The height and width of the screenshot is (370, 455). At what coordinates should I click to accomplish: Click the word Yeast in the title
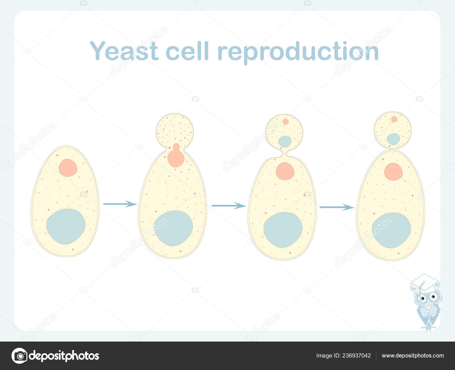tap(124, 51)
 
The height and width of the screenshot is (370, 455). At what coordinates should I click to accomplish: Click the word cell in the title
tap(187, 51)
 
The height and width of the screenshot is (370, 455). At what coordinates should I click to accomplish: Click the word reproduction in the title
tap(298, 52)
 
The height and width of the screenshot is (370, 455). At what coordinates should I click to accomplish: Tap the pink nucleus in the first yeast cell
tap(68, 168)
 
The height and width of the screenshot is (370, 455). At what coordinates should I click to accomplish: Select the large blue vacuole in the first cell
tap(66, 227)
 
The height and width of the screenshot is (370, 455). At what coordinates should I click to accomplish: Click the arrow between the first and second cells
tap(120, 204)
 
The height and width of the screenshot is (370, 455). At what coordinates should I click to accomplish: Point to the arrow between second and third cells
tap(229, 205)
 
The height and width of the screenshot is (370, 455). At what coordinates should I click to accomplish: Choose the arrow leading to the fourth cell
tap(337, 207)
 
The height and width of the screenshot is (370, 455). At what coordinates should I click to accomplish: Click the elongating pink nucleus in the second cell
tap(176, 156)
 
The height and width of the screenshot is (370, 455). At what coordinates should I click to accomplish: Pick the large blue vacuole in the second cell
tap(173, 228)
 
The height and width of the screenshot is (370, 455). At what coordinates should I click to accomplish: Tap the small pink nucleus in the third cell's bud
tap(286, 122)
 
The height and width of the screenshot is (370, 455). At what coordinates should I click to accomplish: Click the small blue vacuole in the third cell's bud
tap(285, 141)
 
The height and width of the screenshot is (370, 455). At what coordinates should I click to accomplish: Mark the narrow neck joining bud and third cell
tap(285, 153)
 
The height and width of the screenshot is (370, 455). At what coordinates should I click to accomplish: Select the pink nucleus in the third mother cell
tap(285, 171)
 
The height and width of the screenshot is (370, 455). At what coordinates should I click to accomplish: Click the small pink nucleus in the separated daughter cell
tap(394, 119)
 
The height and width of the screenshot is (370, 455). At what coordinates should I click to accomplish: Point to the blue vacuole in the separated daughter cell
tap(393, 139)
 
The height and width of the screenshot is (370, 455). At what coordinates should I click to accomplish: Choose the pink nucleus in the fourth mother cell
tap(394, 172)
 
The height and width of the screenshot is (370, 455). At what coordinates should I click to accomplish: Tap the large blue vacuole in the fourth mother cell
tap(391, 231)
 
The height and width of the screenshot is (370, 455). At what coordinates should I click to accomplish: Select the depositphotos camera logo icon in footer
tap(20, 356)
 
